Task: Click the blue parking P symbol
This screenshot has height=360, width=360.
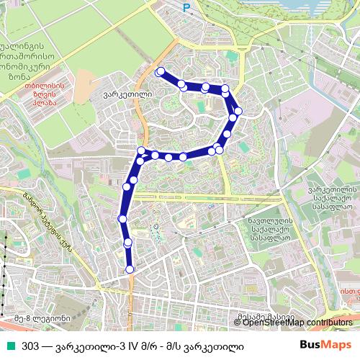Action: click(x=186, y=8)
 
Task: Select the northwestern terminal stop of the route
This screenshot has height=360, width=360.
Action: click(x=160, y=71)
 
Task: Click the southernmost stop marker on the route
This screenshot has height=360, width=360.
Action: click(x=130, y=269)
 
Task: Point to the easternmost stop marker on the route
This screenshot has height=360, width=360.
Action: click(x=238, y=111)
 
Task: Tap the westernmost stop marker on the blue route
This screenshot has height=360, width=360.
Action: click(x=122, y=218)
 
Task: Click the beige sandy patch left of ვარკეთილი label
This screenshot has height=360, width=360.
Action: click(x=85, y=79)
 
